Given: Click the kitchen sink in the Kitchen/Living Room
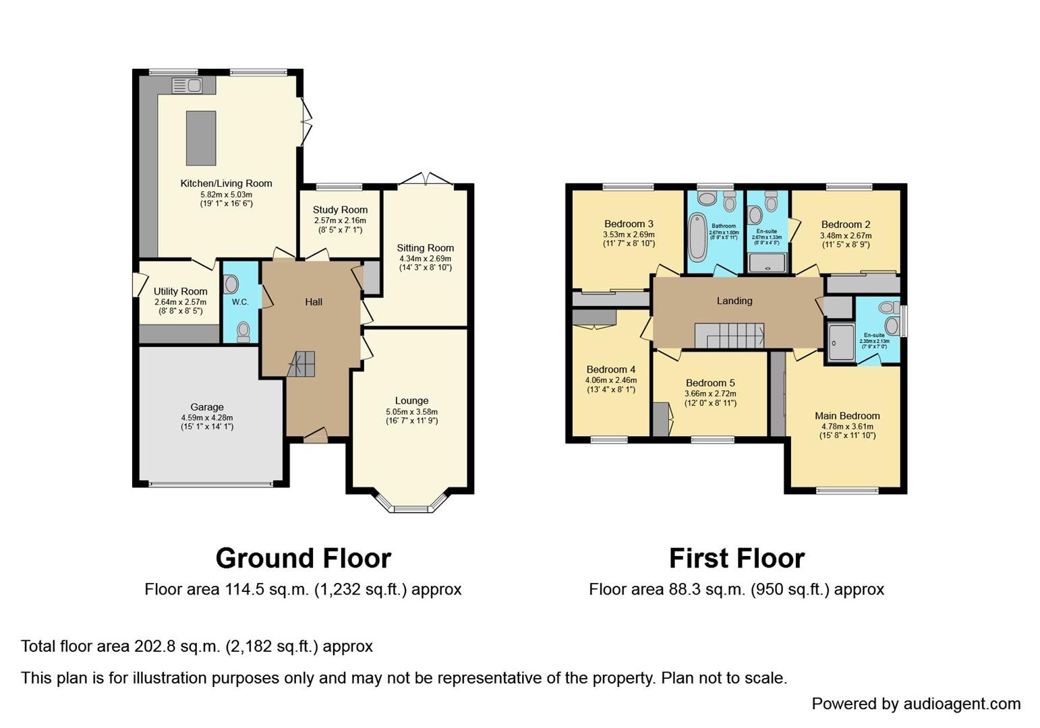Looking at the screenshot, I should click(187, 86).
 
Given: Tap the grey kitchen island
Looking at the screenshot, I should click(200, 138).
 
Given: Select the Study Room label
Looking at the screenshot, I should click(340, 210).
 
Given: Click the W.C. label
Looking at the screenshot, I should click(240, 302).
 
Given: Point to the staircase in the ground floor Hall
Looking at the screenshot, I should click(301, 364).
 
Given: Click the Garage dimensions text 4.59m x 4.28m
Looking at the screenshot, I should click(206, 417).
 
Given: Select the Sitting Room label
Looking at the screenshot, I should click(425, 248).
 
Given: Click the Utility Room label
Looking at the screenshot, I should click(180, 291).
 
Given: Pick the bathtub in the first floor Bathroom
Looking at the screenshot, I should click(697, 237).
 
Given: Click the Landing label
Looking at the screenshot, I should click(734, 301).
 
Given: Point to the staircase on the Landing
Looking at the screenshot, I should click(730, 335).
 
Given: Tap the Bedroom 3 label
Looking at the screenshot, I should click(629, 224).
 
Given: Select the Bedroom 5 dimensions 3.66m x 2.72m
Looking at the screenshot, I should click(710, 394).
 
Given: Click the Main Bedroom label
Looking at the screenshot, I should click(847, 416).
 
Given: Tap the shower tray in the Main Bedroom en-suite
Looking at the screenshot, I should click(840, 342).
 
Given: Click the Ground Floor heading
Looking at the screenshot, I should click(303, 558).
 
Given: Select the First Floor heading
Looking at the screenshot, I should click(736, 558).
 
